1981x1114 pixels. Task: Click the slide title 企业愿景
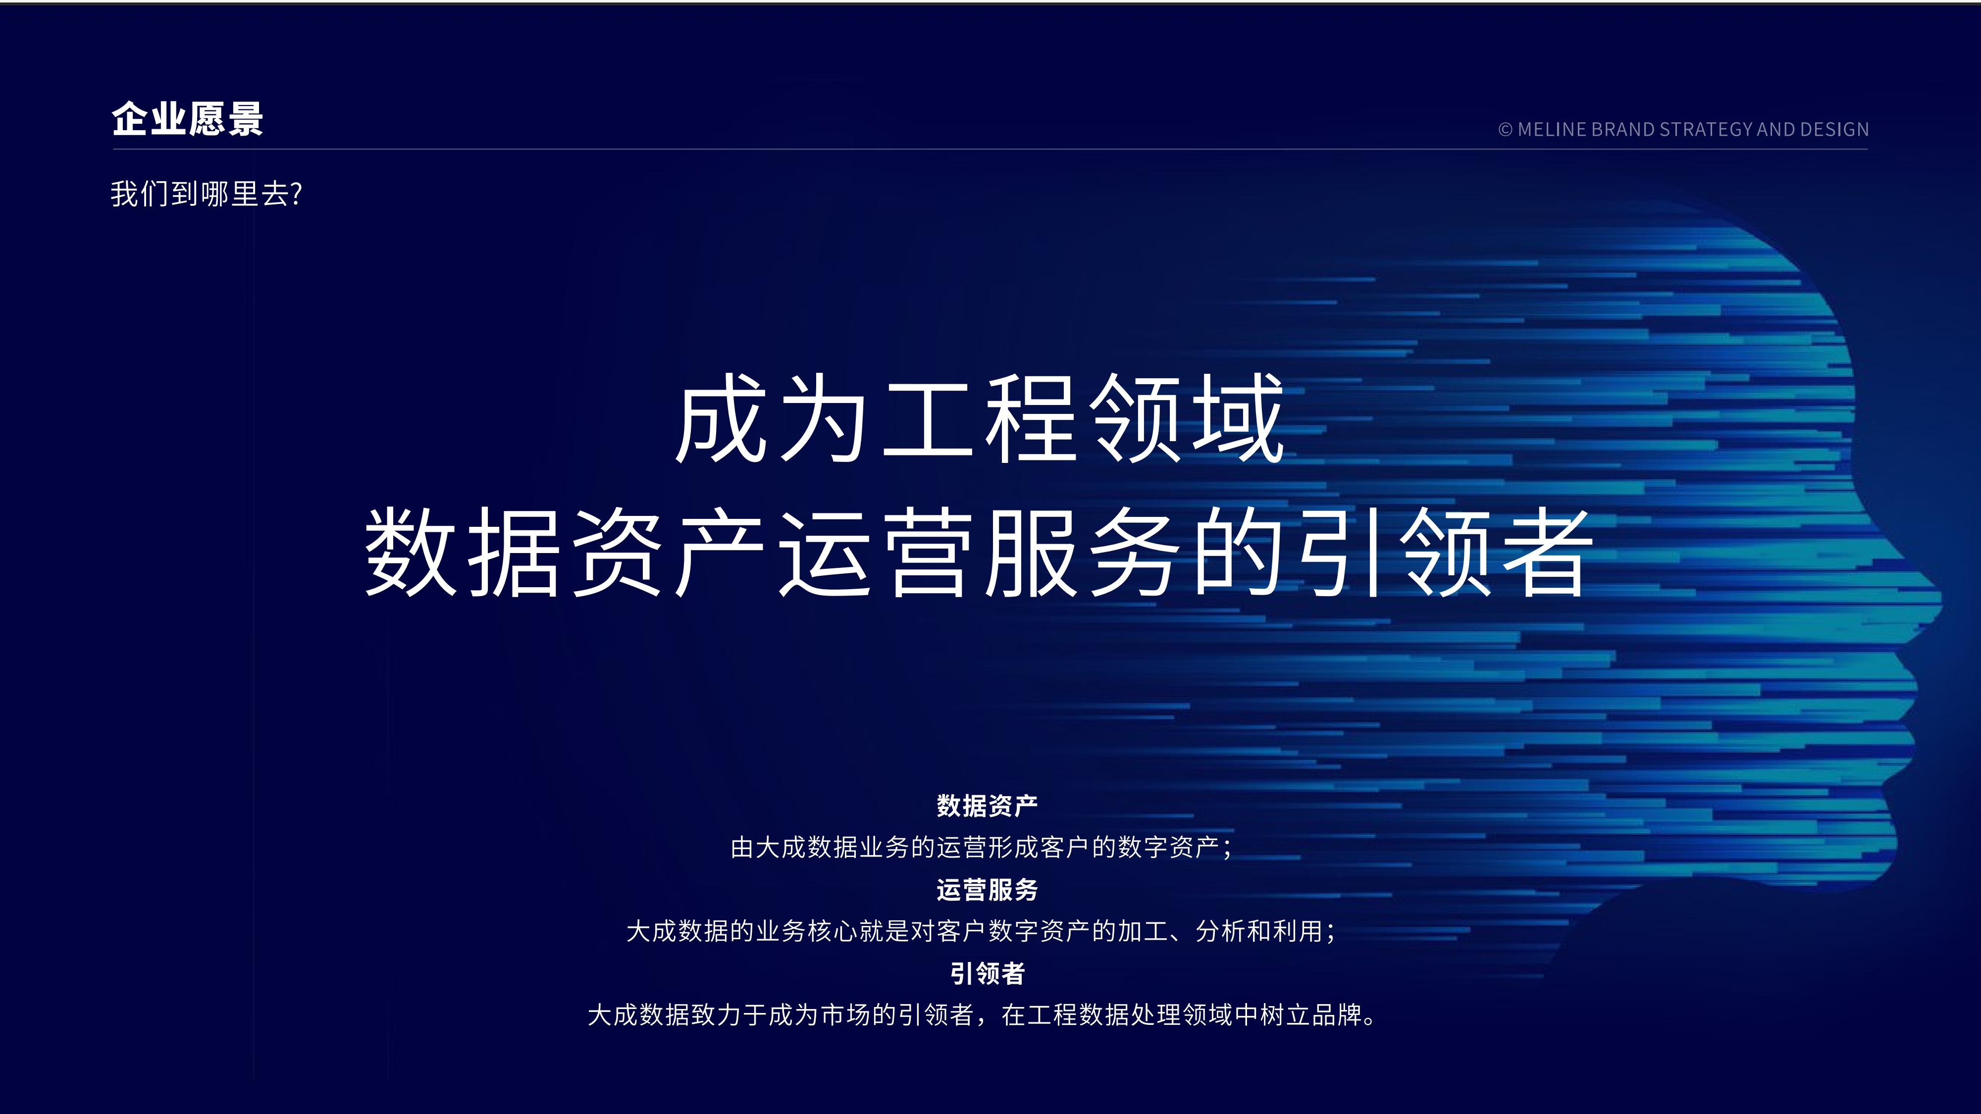click(188, 119)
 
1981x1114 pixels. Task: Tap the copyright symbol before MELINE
click(1505, 130)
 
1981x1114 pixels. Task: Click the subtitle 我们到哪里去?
click(206, 194)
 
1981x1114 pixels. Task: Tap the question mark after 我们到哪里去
click(297, 194)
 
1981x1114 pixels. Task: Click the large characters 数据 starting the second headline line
click(462, 552)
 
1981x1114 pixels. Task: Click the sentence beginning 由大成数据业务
click(981, 847)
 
